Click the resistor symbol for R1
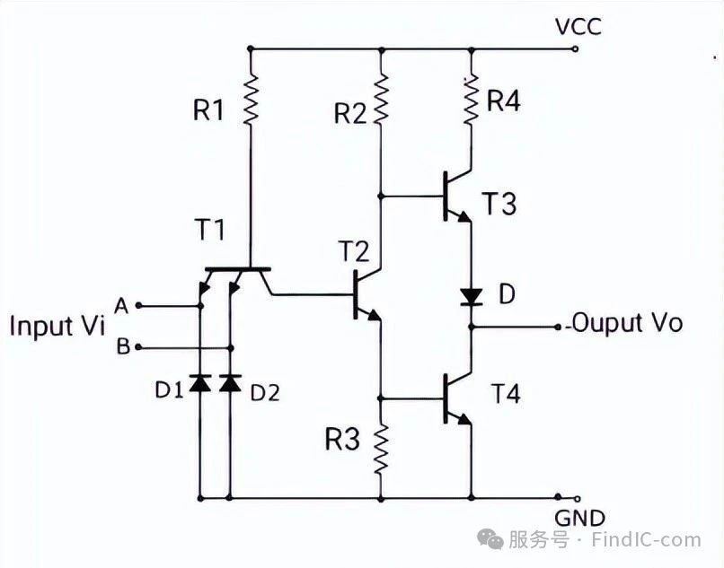pos(251,100)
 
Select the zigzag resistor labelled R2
pos(381,100)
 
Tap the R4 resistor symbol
pos(471,100)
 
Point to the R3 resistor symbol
pos(381,449)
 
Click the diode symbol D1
pos(200,383)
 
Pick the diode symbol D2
pos(231,383)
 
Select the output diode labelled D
pos(471,297)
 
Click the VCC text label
pos(578,27)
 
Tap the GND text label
pos(580,519)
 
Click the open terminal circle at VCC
pos(575,48)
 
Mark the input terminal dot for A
pos(138,305)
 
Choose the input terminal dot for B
pos(138,347)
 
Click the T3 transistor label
pos(499,204)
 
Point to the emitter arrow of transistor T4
pos(464,419)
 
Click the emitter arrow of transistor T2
pos(374,315)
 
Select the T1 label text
pos(210,230)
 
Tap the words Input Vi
pos(57,326)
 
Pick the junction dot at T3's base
pos(381,197)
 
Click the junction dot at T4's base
pos(381,398)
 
